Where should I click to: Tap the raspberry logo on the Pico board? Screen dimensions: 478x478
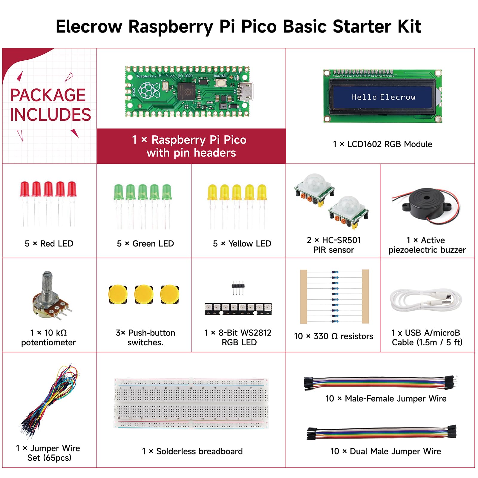pyautogui.click(x=148, y=90)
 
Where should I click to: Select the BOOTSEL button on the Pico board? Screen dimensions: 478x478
pyautogui.click(x=220, y=83)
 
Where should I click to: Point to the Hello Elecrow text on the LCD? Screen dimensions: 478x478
pyautogui.click(x=383, y=97)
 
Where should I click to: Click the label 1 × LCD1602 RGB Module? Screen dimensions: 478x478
pyautogui.click(x=382, y=144)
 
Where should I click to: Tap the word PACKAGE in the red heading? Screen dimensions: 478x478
pyautogui.click(x=48, y=95)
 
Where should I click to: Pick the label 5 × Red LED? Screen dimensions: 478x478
pyautogui.click(x=49, y=243)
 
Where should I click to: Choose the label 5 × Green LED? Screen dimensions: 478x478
pyautogui.click(x=145, y=243)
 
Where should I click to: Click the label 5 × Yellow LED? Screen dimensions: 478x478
pyautogui.click(x=242, y=243)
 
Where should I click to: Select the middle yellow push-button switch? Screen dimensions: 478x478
pyautogui.click(x=144, y=294)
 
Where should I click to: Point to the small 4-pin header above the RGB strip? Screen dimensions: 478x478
pyautogui.click(x=238, y=287)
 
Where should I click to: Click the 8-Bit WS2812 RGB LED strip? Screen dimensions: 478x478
pyautogui.click(x=238, y=309)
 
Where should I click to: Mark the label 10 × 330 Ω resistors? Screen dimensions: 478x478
pyautogui.click(x=333, y=336)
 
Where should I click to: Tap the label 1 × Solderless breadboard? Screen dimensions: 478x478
pyautogui.click(x=192, y=451)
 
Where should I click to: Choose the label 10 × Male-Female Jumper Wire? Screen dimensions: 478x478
pyautogui.click(x=386, y=399)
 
